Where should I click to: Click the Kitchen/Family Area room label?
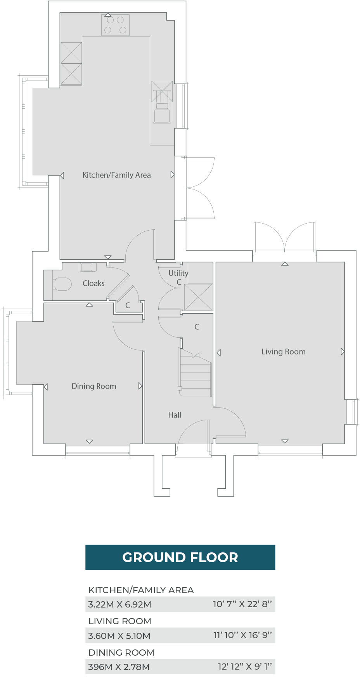pyautogui.click(x=116, y=175)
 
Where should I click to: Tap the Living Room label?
pyautogui.click(x=283, y=352)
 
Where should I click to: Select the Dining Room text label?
pyautogui.click(x=94, y=386)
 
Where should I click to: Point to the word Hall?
pyautogui.click(x=175, y=415)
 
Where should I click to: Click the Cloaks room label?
pyautogui.click(x=93, y=283)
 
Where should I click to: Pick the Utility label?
pyautogui.click(x=178, y=273)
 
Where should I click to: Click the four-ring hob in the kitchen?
pyautogui.click(x=115, y=25)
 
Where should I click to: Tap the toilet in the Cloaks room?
pyautogui.click(x=62, y=284)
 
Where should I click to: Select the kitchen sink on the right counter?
pyautogui.click(x=162, y=112)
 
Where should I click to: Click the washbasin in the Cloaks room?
pyautogui.click(x=88, y=267)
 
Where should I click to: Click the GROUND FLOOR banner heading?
pyautogui.click(x=180, y=557)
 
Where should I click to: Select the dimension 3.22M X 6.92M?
pyautogui.click(x=119, y=604)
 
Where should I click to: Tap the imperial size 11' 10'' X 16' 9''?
pyautogui.click(x=242, y=635)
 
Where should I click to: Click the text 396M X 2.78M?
pyautogui.click(x=119, y=667)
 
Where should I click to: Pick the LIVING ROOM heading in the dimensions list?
pyautogui.click(x=120, y=621)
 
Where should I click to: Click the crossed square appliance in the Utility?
pyautogui.click(x=198, y=297)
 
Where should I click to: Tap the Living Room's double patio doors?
pyautogui.click(x=284, y=238)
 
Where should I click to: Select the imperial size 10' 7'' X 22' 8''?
pyautogui.click(x=242, y=604)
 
